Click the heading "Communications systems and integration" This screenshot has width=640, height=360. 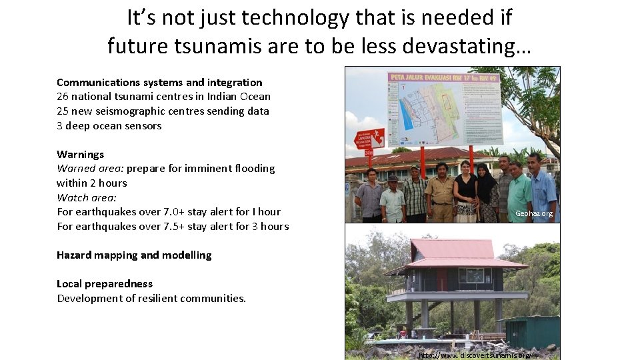point(159,83)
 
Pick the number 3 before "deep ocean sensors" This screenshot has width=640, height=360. point(60,126)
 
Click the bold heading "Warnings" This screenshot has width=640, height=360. point(81,155)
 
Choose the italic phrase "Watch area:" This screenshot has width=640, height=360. point(87,198)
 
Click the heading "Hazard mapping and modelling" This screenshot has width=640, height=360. point(134,255)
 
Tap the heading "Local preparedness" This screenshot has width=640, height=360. point(105,284)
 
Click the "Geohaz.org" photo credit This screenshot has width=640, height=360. point(534,214)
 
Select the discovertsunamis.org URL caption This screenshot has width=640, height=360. point(475,355)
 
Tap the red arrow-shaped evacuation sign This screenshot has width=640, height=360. point(369,139)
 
